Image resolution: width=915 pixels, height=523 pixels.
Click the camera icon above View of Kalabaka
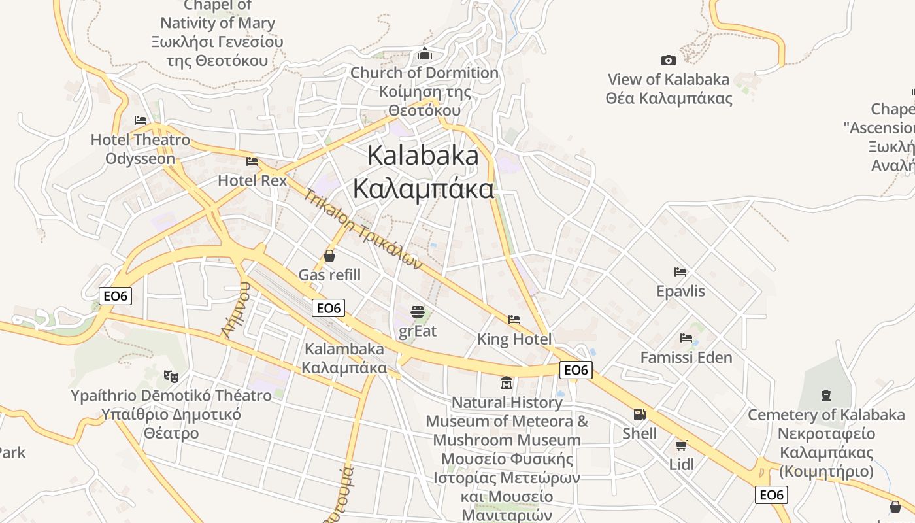[668, 61]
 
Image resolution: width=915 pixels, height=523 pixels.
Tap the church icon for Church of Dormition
[425, 54]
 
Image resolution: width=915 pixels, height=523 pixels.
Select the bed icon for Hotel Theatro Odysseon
[140, 120]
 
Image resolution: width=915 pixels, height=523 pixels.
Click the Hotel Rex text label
[252, 180]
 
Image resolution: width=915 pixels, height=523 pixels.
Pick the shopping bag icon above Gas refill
[329, 256]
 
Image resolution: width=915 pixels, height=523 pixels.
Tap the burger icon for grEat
[418, 312]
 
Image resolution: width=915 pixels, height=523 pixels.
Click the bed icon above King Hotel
[514, 320]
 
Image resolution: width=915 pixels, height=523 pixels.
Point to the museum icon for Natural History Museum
[507, 382]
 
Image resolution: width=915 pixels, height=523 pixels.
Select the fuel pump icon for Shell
[639, 414]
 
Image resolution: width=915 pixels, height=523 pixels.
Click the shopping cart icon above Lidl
[681, 446]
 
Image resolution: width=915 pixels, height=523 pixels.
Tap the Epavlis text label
[680, 291]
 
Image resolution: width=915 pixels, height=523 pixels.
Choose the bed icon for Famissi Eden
[686, 338]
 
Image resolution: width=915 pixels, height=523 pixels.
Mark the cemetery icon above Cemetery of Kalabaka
[826, 396]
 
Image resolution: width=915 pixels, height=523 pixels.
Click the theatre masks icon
[171, 376]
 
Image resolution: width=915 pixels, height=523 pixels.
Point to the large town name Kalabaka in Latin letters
[423, 156]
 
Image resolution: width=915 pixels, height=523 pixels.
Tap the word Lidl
[682, 464]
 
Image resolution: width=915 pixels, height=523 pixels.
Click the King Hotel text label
[514, 339]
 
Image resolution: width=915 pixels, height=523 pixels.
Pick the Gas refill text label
[329, 275]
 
